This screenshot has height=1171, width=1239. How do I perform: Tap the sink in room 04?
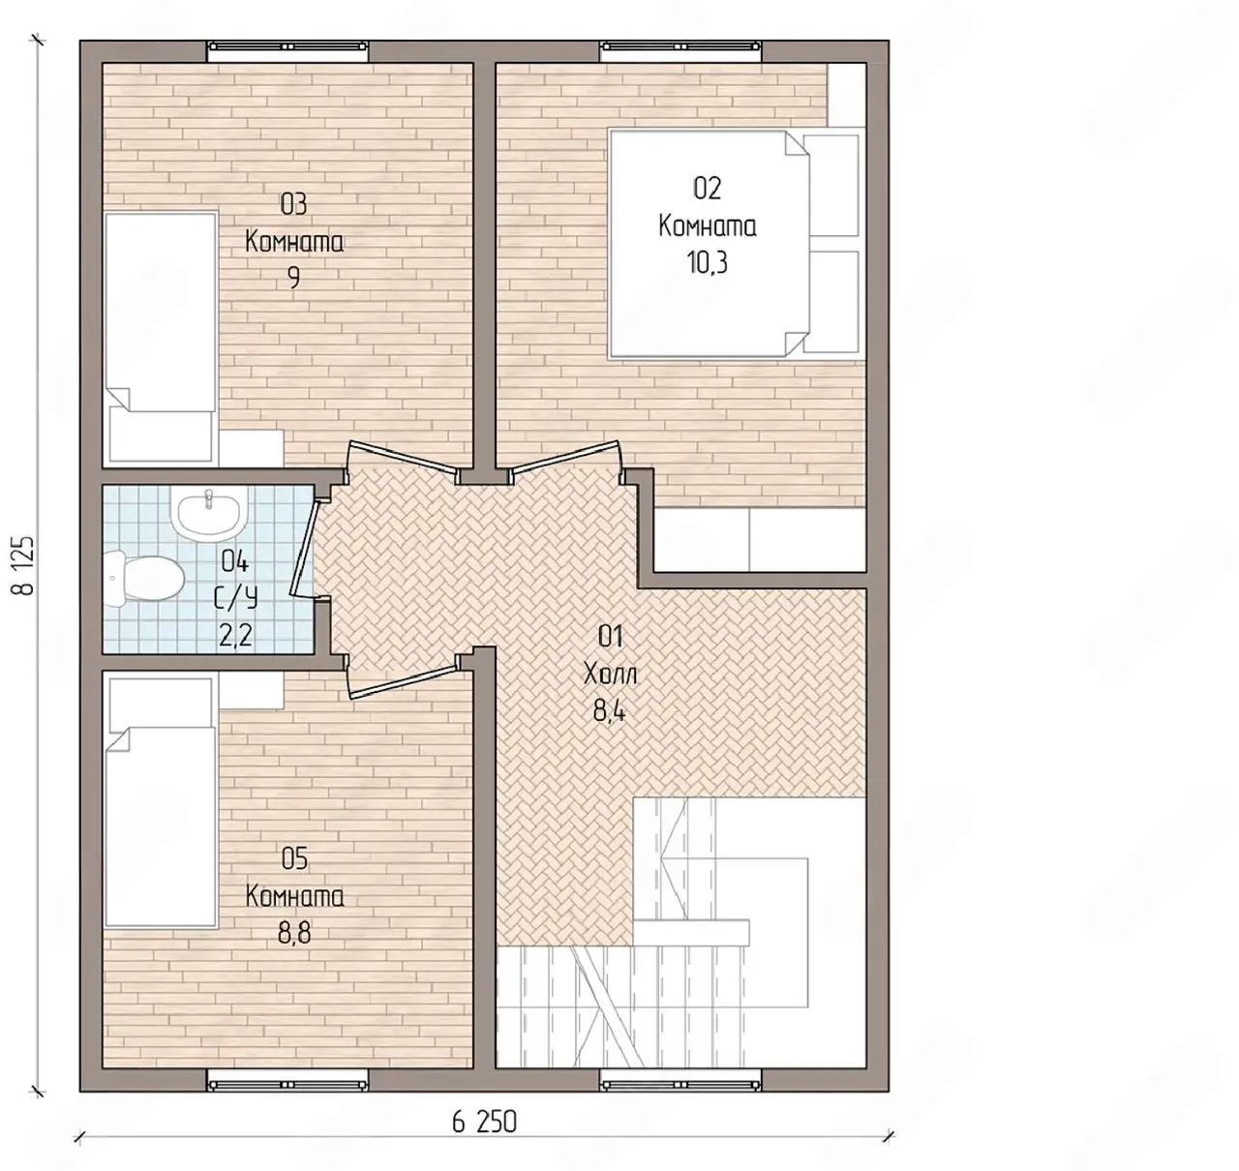tap(209, 514)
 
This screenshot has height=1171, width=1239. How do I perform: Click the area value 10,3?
tap(707, 262)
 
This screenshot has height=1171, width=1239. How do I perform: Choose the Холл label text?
tap(610, 675)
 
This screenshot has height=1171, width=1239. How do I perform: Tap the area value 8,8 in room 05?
tap(294, 933)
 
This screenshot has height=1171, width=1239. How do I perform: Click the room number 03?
tap(293, 205)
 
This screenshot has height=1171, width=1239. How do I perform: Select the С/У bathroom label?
tap(235, 598)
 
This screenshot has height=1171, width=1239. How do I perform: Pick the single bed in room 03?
tap(161, 338)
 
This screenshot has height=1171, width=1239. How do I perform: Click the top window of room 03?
tap(288, 46)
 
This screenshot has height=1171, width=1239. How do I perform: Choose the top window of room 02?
tap(681, 46)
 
